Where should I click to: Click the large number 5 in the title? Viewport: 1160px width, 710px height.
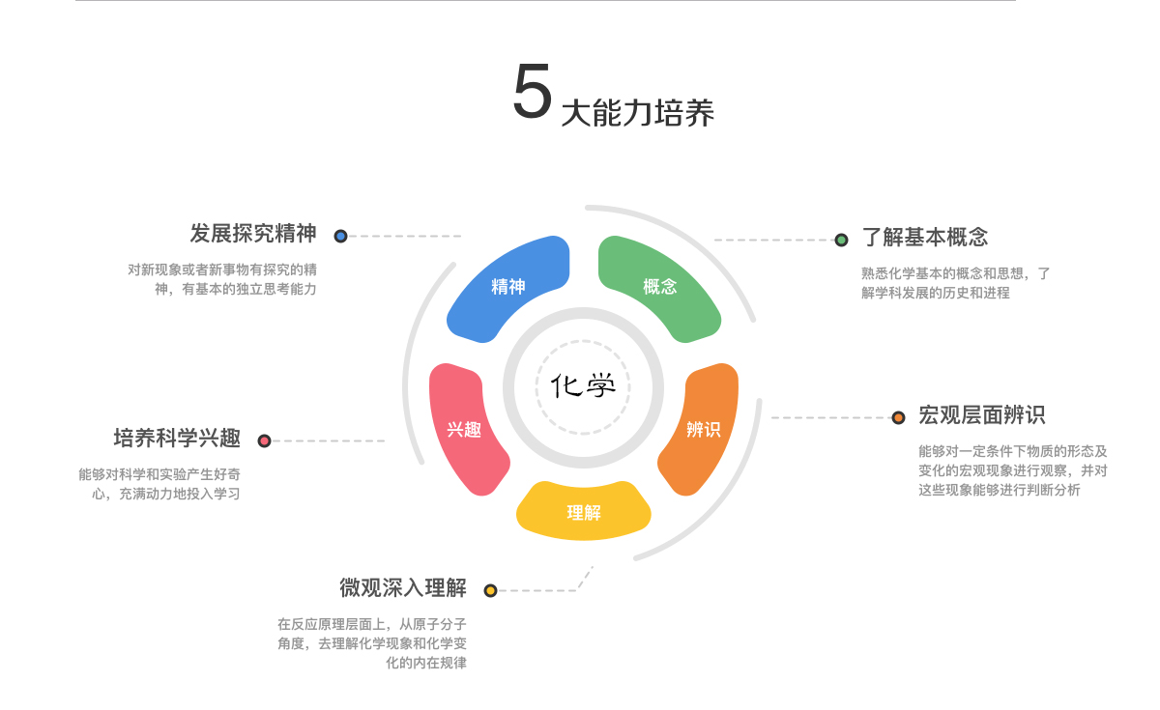532,93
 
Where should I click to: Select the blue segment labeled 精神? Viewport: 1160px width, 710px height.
508,287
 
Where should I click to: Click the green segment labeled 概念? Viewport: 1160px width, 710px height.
659,287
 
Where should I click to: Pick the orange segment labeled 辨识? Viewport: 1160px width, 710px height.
703,429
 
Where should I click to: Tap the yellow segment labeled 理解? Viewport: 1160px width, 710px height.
583,512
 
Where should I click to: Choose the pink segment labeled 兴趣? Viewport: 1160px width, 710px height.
465,429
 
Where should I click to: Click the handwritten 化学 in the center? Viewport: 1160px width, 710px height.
583,385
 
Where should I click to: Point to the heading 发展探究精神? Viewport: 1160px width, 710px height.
253,234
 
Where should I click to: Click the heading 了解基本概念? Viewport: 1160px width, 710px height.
925,238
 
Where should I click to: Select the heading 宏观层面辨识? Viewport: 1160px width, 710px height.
981,415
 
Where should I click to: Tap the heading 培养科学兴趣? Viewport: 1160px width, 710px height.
177,439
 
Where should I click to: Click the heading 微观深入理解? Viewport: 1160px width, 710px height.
403,587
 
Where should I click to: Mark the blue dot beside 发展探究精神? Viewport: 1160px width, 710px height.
340,236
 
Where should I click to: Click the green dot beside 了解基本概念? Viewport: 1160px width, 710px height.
841,240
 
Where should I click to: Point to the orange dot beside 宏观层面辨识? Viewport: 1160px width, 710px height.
898,417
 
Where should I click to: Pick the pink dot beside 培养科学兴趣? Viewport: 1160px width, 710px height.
264,440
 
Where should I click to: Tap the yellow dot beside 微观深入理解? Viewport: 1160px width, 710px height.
490,590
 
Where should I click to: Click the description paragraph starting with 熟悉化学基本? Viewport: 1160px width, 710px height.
955,283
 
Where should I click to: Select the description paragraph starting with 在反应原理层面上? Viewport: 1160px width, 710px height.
372,643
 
